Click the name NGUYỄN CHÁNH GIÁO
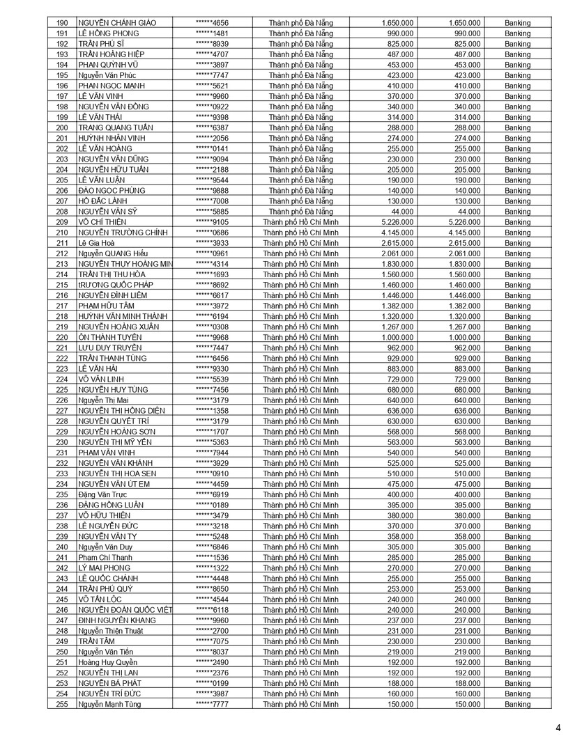pyautogui.click(x=117, y=23)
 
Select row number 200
pyautogui.click(x=63, y=128)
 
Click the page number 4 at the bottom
pyautogui.click(x=558, y=728)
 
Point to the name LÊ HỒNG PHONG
pyautogui.click(x=109, y=33)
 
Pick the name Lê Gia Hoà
pyautogui.click(x=101, y=243)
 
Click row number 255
pyautogui.click(x=63, y=705)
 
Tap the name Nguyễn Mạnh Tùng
pyautogui.click(x=109, y=705)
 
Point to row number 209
pyautogui.click(x=63, y=222)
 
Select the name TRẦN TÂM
pyautogui.click(x=96, y=641)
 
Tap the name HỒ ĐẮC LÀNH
pyautogui.click(x=107, y=201)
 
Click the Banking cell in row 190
pyautogui.click(x=517, y=23)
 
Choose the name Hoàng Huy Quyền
pyautogui.click(x=107, y=662)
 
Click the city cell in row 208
pyautogui.click(x=301, y=212)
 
